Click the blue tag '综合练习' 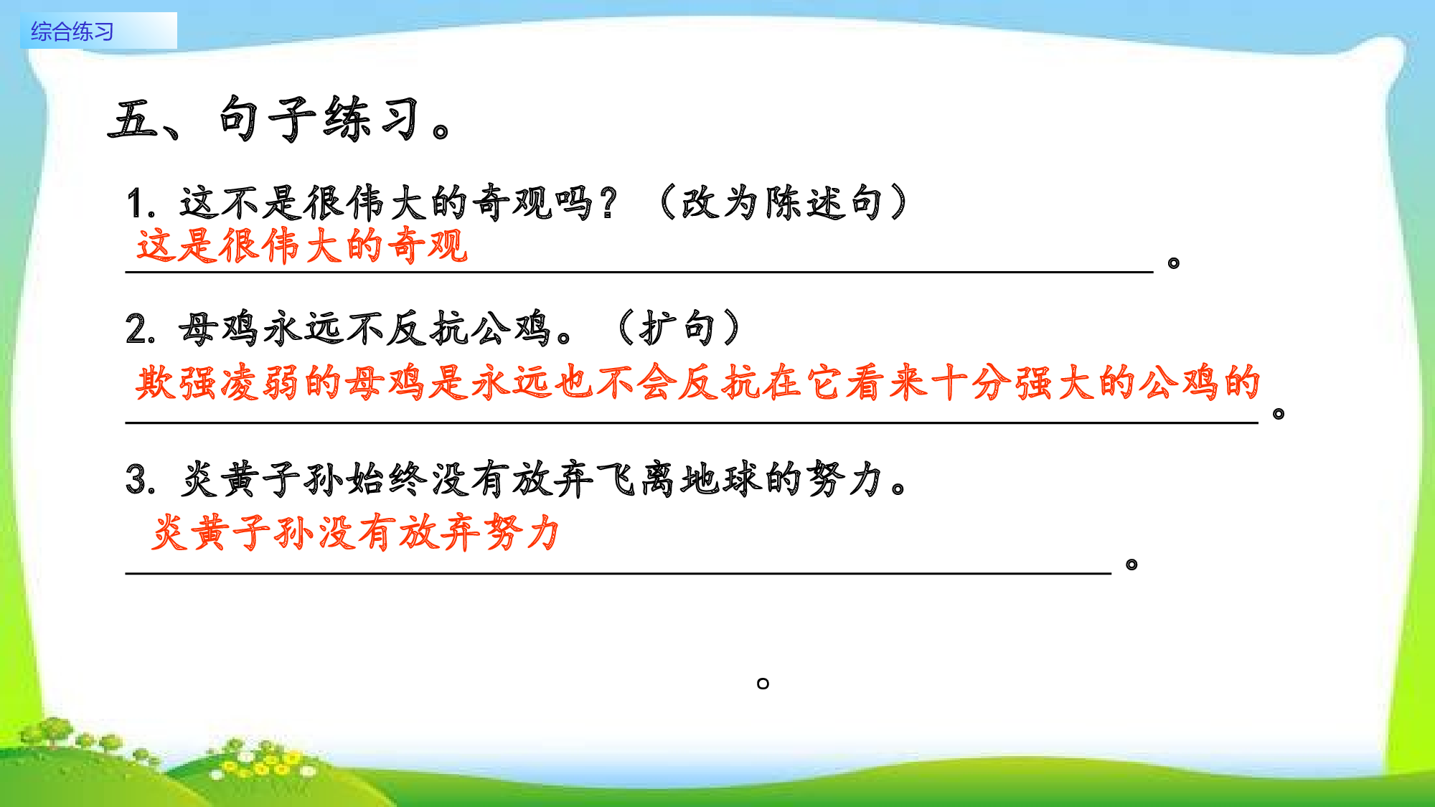pos(72,32)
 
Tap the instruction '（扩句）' pos(678,329)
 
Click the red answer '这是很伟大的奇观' pos(302,246)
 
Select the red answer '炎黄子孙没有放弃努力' pos(356,533)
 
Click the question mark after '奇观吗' pos(609,203)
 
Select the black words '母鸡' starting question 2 pos(218,329)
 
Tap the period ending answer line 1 pos(1174,263)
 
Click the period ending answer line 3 pos(1131,565)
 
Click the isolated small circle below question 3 pos(763,684)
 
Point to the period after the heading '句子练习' pos(441,132)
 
